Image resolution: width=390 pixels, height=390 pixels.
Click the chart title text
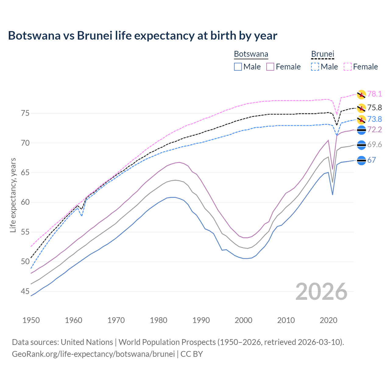pos(143,36)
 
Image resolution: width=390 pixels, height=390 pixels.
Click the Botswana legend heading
pos(251,54)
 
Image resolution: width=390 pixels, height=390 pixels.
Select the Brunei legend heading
pos(323,54)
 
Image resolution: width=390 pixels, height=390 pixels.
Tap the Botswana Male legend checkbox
pos(238,67)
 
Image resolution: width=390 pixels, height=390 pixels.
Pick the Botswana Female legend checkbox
pos(270,67)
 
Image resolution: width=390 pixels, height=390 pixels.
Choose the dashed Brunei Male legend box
pos(315,67)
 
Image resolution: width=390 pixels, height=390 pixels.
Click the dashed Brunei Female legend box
pos(348,67)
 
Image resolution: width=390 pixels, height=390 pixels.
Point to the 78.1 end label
pos(374,94)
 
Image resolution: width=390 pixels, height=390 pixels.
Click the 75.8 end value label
pos(374,108)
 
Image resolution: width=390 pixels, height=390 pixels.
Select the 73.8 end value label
pos(374,119)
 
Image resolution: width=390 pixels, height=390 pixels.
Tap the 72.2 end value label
pos(374,130)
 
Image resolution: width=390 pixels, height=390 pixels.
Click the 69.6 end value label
pos(374,145)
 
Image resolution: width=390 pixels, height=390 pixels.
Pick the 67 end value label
pos(371,160)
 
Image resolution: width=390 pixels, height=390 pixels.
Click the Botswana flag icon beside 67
pos(361,160)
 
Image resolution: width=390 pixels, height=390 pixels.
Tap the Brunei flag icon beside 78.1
pos(361,94)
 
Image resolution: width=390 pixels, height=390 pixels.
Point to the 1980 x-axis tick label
pos(158,320)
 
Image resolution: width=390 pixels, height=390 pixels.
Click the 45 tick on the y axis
pos(25,292)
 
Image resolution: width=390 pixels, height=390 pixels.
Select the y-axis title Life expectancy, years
pos(13,195)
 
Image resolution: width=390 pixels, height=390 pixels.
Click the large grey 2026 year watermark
pos(321,292)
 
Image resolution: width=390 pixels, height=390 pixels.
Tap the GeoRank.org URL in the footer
pos(93,354)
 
